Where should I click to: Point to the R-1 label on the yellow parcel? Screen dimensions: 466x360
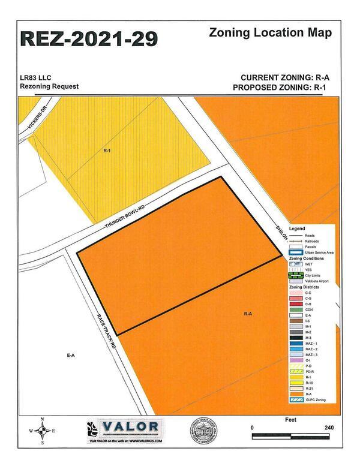[x=107, y=151]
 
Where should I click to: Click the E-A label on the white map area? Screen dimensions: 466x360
[x=70, y=356]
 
